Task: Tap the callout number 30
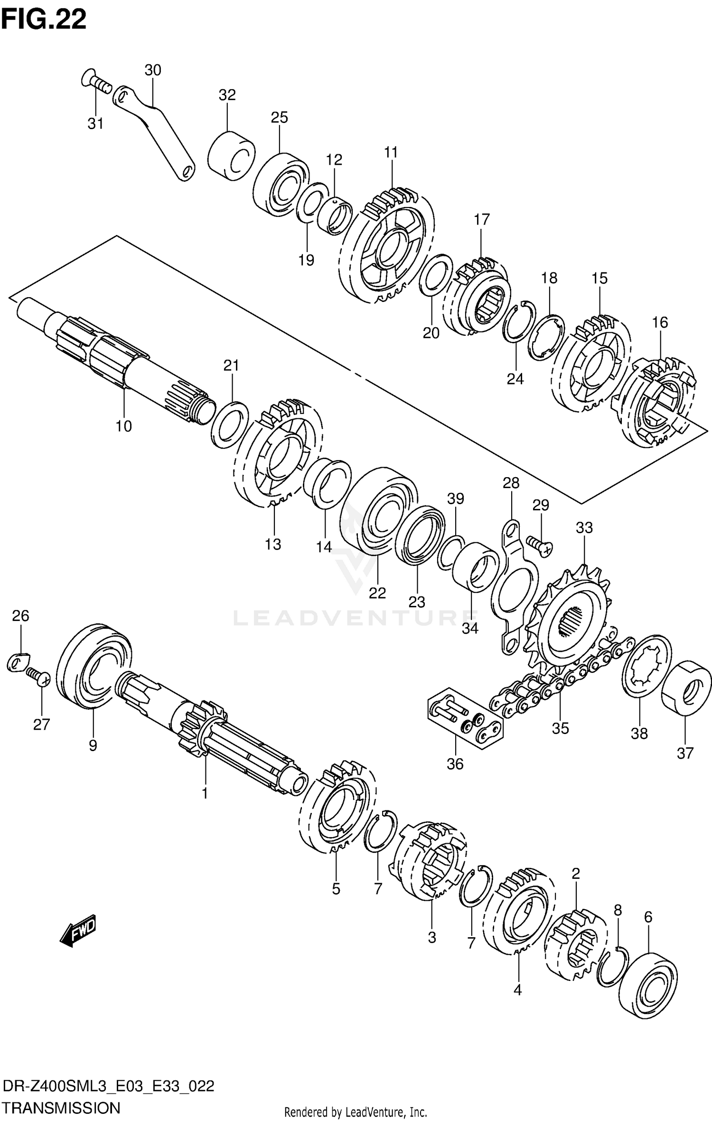(152, 70)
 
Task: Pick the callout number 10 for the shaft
(123, 426)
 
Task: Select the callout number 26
(20, 616)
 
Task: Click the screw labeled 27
(38, 675)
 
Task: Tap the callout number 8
(618, 910)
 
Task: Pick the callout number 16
(660, 322)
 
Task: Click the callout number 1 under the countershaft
(205, 793)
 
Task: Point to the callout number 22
(377, 593)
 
